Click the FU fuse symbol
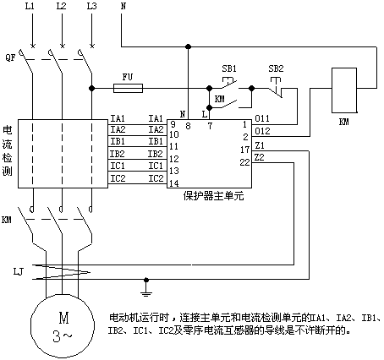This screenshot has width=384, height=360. [x=128, y=88]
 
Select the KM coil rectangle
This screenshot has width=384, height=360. [x=344, y=90]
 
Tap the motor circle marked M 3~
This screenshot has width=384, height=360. [x=63, y=325]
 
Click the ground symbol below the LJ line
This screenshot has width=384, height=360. [x=146, y=290]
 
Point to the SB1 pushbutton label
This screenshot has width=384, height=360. [x=229, y=68]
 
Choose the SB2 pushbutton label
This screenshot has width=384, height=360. [x=276, y=68]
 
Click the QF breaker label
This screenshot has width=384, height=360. [x=10, y=58]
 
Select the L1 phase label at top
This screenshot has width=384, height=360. [x=30, y=6]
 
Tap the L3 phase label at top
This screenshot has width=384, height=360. [x=91, y=6]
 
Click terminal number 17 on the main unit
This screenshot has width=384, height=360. [x=245, y=150]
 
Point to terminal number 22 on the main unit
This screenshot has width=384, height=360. [x=244, y=162]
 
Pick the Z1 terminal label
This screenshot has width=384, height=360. [x=260, y=145]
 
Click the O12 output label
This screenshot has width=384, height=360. [x=262, y=131]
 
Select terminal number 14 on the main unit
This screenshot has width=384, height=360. [x=174, y=183]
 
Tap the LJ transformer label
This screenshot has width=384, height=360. [x=19, y=272]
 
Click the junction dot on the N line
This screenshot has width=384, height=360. [x=188, y=46]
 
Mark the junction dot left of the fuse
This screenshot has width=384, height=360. [x=91, y=88]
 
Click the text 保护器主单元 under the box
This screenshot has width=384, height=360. [x=213, y=195]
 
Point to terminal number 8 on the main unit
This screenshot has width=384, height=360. [x=188, y=126]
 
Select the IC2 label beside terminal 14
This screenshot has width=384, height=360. [x=156, y=178]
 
